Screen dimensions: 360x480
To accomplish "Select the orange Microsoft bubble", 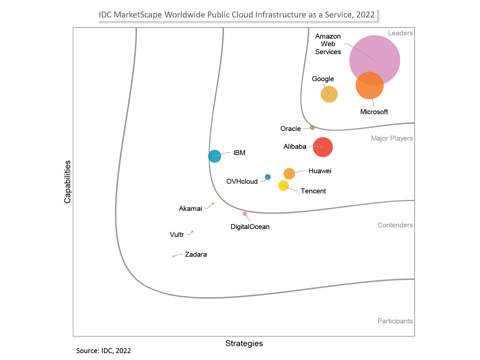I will (x=370, y=86).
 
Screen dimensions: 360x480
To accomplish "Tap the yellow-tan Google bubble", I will (x=329, y=94).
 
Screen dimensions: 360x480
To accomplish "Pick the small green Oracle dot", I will (x=312, y=127).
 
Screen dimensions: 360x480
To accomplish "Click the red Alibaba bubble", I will (x=323, y=147).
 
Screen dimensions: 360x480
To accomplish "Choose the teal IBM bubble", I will (x=215, y=156).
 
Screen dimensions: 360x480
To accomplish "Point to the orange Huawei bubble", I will (x=289, y=174).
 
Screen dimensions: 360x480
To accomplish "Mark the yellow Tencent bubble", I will (x=283, y=186).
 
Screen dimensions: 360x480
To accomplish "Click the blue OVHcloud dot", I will (x=268, y=177).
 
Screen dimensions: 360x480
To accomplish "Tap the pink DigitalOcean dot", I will (x=245, y=214).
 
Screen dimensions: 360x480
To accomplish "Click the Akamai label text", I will (x=190, y=209).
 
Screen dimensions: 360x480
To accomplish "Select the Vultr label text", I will (x=177, y=235).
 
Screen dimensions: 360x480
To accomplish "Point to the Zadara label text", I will (x=196, y=254).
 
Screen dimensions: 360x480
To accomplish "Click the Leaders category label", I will (x=400, y=33).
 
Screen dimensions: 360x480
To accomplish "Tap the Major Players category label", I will (x=392, y=138).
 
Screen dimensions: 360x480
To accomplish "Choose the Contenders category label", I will (x=395, y=225).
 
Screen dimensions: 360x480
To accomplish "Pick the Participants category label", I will (x=395, y=321).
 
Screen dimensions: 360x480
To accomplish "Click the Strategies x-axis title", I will (x=244, y=343).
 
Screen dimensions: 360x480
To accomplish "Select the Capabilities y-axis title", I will (x=68, y=182).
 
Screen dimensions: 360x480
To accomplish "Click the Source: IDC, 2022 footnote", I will (x=103, y=351).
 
